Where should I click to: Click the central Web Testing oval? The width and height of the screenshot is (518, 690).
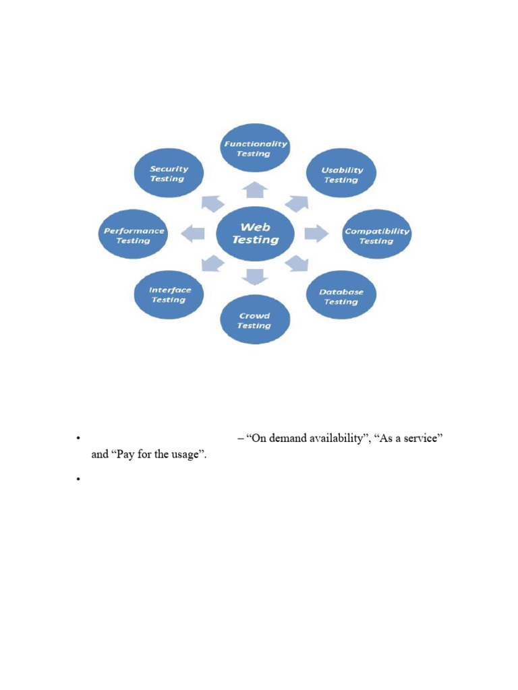tap(255, 234)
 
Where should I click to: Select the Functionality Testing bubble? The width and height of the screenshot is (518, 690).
tap(256, 148)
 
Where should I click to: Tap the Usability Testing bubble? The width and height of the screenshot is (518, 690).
tap(341, 175)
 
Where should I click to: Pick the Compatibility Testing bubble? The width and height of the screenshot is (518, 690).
tap(376, 235)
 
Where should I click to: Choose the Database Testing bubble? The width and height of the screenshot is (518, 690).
tap(341, 296)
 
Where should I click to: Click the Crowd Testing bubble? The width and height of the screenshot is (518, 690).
tap(255, 321)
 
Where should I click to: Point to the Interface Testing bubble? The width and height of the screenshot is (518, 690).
tap(170, 294)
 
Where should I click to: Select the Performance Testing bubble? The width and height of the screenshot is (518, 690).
tap(134, 235)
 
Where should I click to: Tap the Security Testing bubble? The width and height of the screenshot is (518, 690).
tap(169, 174)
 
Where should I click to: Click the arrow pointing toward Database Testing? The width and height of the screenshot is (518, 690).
tap(296, 263)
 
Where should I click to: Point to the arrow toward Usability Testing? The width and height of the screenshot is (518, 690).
tap(297, 203)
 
